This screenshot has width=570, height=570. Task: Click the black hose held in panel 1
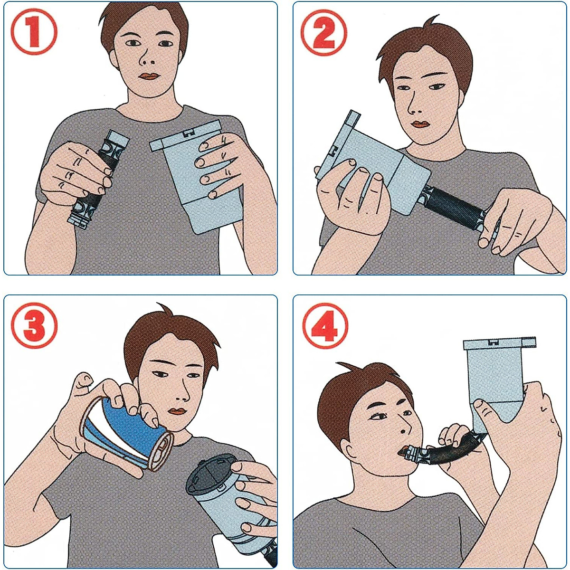click(98, 180)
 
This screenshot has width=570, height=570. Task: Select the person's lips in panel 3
click(176, 412)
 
